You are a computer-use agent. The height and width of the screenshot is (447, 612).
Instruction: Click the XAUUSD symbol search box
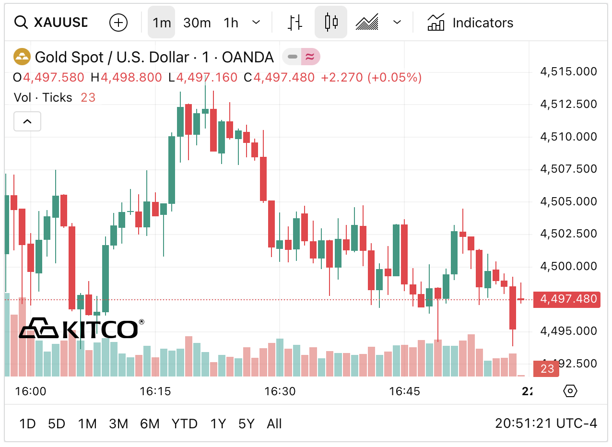click(x=53, y=23)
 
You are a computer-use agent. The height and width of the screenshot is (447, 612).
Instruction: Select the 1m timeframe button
click(x=162, y=23)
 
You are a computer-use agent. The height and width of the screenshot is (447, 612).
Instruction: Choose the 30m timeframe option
click(x=197, y=23)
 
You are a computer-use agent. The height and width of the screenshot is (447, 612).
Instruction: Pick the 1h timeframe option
click(x=231, y=23)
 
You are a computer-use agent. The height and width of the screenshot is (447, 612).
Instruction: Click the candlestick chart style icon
click(x=331, y=23)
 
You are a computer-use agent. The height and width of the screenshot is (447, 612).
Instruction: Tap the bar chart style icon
click(x=295, y=23)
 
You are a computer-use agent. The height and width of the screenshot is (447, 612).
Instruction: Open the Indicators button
click(x=470, y=23)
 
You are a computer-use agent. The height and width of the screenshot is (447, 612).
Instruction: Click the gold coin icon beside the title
click(x=22, y=57)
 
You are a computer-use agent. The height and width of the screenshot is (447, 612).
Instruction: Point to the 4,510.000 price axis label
click(x=568, y=137)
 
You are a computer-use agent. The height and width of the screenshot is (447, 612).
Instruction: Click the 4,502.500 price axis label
click(x=568, y=234)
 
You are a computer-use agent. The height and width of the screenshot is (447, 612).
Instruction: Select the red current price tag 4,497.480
click(x=568, y=299)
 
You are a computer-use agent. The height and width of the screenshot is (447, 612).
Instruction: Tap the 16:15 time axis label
click(x=155, y=391)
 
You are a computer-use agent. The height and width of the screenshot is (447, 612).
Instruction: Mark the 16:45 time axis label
click(x=405, y=391)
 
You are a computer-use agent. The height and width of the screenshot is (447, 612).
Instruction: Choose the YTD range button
click(x=185, y=424)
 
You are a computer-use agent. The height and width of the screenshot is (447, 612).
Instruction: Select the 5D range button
click(x=57, y=424)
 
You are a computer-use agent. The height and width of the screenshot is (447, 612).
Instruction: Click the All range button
click(x=274, y=424)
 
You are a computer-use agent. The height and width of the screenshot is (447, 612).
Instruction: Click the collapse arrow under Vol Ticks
click(x=27, y=121)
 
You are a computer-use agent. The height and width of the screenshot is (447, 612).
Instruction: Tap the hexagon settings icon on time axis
click(x=570, y=391)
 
